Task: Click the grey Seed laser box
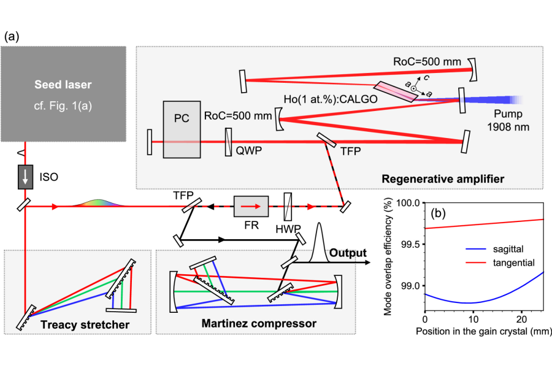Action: tap(63, 94)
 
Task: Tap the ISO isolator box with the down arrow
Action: tap(26, 177)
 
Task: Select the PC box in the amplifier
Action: tap(182, 129)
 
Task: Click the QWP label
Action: tap(249, 151)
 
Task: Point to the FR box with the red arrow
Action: tap(251, 206)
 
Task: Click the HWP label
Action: tap(288, 229)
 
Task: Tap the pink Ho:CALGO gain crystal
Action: tap(396, 91)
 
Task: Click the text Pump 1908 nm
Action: tap(508, 120)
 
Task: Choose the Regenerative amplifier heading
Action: tap(443, 179)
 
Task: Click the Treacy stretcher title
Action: tap(85, 324)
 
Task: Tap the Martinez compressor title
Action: tap(259, 323)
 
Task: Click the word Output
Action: tap(348, 253)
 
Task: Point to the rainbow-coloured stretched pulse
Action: tap(99, 203)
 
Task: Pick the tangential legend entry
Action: tap(500, 263)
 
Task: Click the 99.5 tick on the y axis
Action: tap(410, 244)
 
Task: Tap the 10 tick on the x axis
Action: tap(473, 320)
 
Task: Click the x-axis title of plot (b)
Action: tap(483, 331)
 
